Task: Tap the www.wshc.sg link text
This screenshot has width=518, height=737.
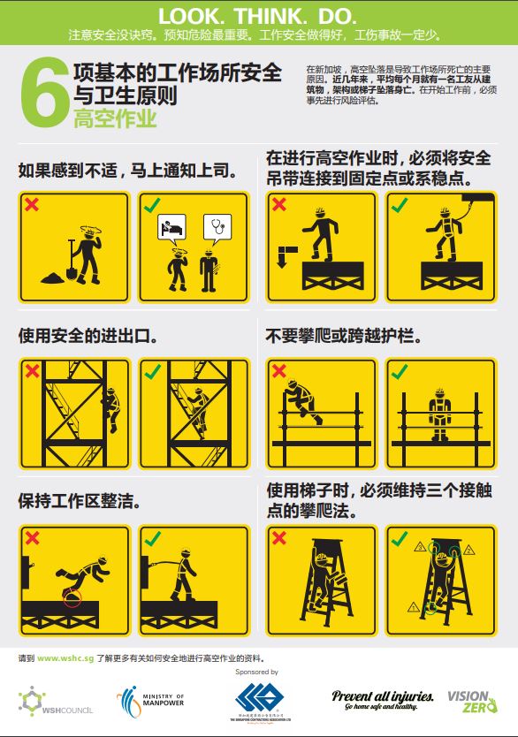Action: (x=65, y=658)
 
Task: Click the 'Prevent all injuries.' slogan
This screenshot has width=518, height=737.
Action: (x=382, y=697)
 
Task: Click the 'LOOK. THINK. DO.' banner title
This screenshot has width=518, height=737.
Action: (x=258, y=16)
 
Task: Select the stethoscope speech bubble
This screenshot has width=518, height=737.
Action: (x=217, y=228)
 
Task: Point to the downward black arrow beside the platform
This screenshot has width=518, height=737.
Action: (x=281, y=257)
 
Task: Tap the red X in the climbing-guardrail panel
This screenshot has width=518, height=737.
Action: (x=279, y=371)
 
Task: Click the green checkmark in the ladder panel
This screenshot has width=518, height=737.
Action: (x=400, y=537)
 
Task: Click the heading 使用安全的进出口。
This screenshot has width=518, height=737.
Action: (x=88, y=337)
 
